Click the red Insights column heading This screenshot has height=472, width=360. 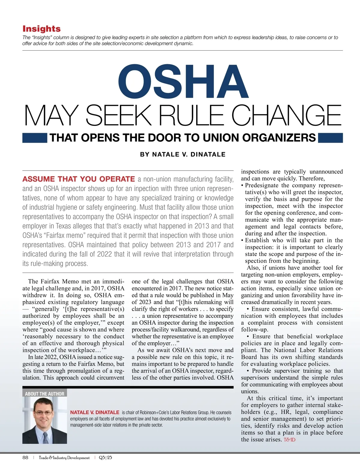click(41, 29)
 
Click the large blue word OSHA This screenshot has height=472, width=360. click(183, 82)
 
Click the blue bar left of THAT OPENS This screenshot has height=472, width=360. click(34, 138)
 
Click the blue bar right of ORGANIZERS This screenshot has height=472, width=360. click(330, 138)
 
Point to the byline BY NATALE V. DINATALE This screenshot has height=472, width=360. click(183, 154)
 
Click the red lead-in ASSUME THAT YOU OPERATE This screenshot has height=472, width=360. click(79, 179)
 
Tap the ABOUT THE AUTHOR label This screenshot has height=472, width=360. click(44, 394)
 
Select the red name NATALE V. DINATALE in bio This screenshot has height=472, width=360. click(95, 412)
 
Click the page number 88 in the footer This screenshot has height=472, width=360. click(25, 458)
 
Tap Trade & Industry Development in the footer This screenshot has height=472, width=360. click(64, 458)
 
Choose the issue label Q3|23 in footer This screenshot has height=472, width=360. click(105, 458)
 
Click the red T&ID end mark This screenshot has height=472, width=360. click(289, 440)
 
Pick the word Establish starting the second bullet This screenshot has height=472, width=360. click(257, 240)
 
